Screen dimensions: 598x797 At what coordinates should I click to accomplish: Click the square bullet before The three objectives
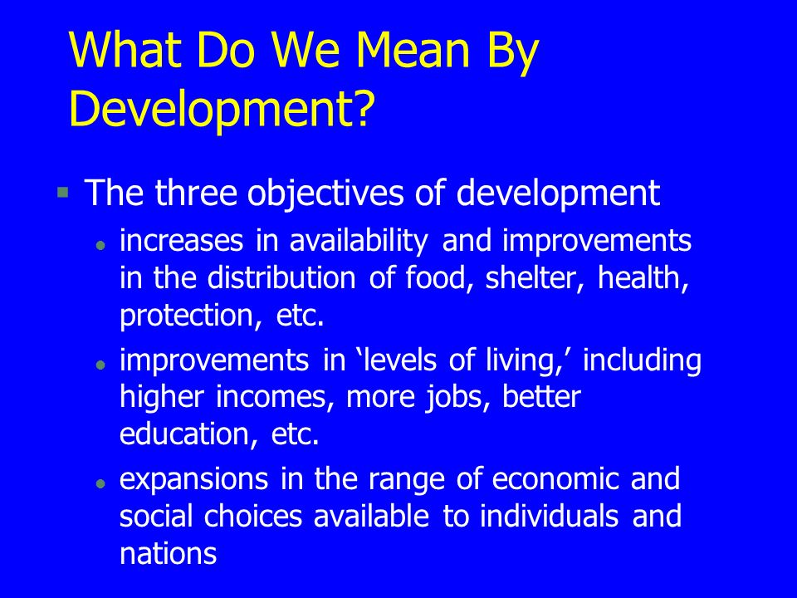coord(62,193)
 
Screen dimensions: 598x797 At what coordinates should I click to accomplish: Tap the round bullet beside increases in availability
coord(100,247)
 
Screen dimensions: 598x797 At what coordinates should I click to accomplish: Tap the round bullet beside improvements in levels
coord(100,365)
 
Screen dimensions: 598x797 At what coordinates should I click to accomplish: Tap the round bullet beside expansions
coord(100,483)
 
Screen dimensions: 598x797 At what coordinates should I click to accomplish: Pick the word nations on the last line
coord(169,552)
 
